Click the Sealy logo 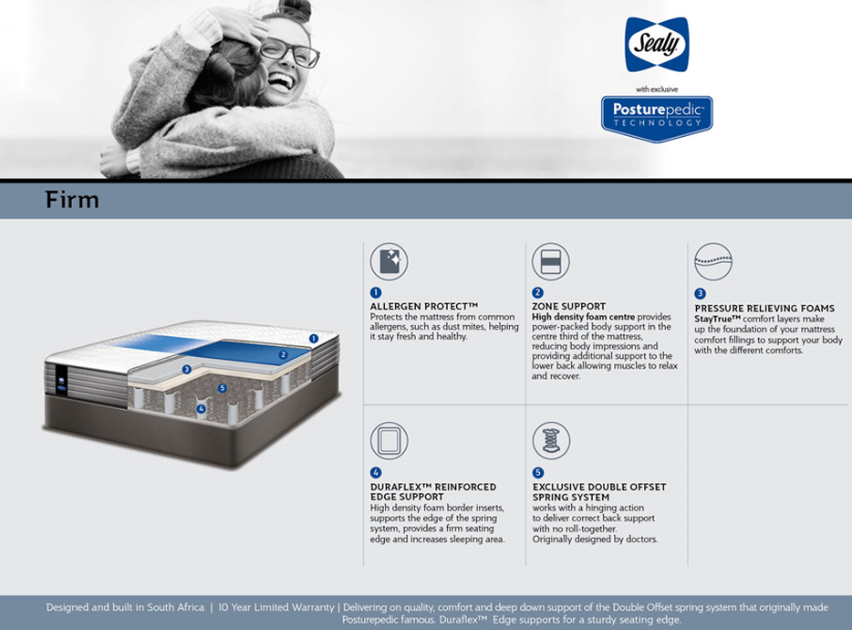pyautogui.click(x=657, y=44)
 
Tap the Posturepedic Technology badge pyautogui.click(x=657, y=119)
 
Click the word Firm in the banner pyautogui.click(x=72, y=200)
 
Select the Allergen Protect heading pyautogui.click(x=424, y=306)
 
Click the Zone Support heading pyautogui.click(x=568, y=306)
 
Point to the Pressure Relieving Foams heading pyautogui.click(x=764, y=308)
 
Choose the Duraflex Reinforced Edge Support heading pyautogui.click(x=433, y=492)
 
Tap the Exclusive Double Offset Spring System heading pyautogui.click(x=599, y=492)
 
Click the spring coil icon pyautogui.click(x=551, y=440)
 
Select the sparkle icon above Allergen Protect pyautogui.click(x=389, y=262)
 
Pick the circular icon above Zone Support pyautogui.click(x=551, y=262)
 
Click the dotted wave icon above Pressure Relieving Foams pyautogui.click(x=713, y=262)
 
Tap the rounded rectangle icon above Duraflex pyautogui.click(x=389, y=440)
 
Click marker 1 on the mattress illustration pyautogui.click(x=314, y=339)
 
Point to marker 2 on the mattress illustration pyautogui.click(x=283, y=354)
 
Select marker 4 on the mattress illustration pyautogui.click(x=202, y=408)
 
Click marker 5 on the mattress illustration pyautogui.click(x=222, y=388)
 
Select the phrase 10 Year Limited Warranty pyautogui.click(x=276, y=607)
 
